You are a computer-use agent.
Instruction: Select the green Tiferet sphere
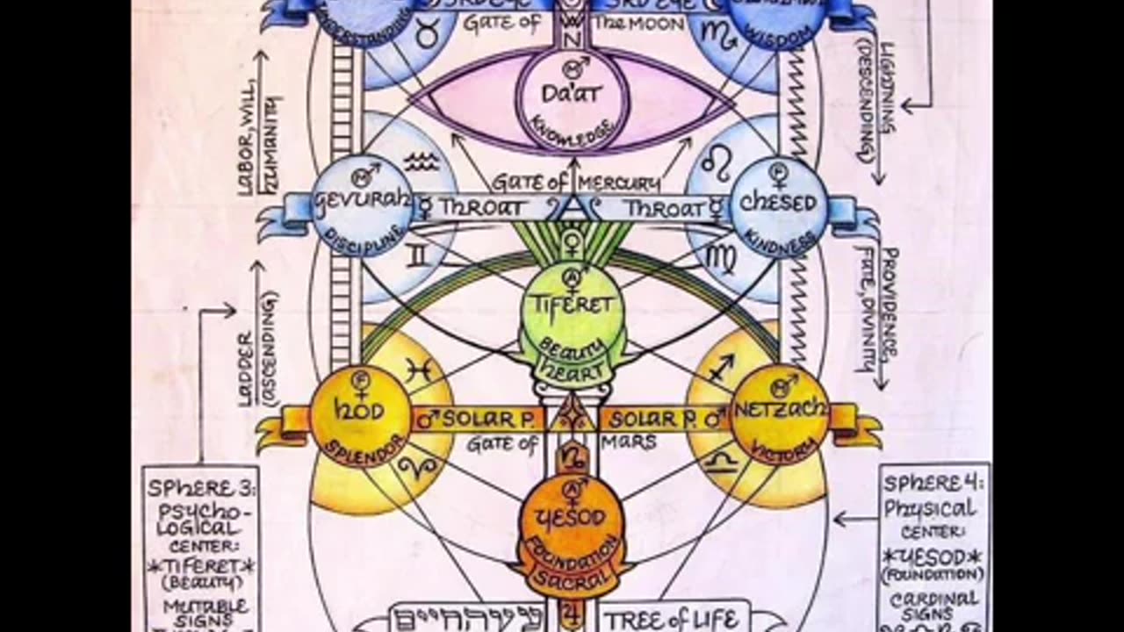point(572,307)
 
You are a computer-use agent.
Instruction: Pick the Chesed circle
point(778,207)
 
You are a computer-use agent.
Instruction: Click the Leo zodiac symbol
point(717,164)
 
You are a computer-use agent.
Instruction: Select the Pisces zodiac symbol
point(420,370)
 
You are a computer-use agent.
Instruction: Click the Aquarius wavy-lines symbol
point(421,161)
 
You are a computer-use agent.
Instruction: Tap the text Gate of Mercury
point(575,183)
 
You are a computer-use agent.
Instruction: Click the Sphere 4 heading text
point(933,483)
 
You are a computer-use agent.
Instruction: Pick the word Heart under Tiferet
point(572,371)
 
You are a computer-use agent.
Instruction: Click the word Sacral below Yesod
point(572,579)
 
